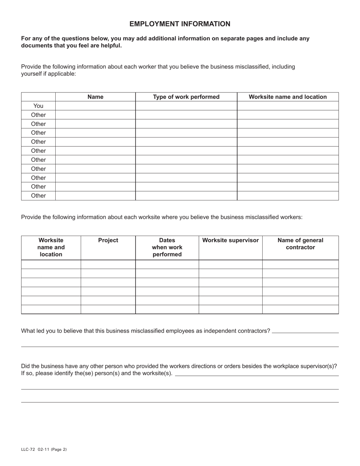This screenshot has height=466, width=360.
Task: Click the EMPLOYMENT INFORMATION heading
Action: tap(180, 24)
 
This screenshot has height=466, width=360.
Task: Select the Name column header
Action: tap(95, 97)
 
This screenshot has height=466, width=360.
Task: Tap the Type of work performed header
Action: tap(186, 97)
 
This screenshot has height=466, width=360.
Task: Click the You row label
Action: tap(38, 106)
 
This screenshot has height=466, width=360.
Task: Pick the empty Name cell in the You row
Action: tap(95, 106)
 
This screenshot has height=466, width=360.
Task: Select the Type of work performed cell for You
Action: tap(186, 106)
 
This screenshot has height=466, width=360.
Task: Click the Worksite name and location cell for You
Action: tap(288, 106)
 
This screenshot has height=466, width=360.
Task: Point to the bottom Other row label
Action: tap(38, 196)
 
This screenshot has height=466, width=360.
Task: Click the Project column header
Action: tap(108, 241)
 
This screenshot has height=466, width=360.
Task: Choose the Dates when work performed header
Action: tap(167, 247)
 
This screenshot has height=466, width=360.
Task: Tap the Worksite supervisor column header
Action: tap(230, 241)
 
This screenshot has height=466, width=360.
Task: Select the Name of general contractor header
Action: tap(300, 244)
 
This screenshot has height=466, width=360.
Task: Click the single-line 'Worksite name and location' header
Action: tap(288, 97)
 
